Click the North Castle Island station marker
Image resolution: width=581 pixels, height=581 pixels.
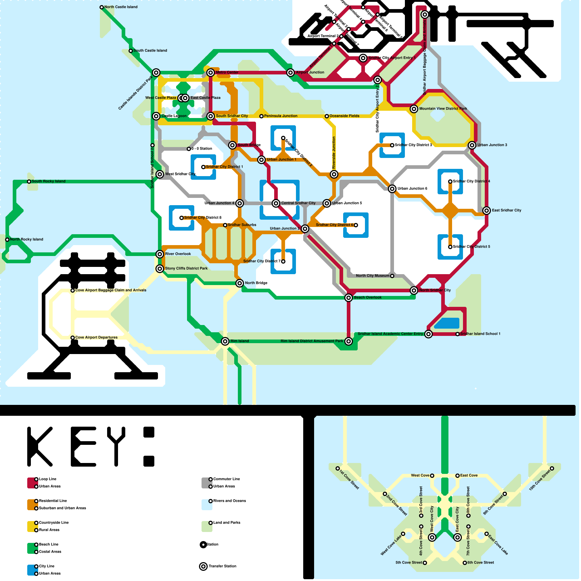tap(102, 7)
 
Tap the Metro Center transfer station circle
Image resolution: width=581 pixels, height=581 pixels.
tap(211, 73)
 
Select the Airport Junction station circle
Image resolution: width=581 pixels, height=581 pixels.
tap(290, 73)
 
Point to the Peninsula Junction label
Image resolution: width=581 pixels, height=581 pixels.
tap(281, 116)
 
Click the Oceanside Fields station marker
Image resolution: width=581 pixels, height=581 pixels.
tap(327, 116)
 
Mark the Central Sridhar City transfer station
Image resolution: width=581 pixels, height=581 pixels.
tap(276, 203)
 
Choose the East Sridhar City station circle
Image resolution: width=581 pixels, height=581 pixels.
tap(487, 211)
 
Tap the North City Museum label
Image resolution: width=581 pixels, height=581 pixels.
tap(373, 276)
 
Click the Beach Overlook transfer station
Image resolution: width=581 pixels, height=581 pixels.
tap(349, 298)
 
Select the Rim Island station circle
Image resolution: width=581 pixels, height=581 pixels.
tap(225, 341)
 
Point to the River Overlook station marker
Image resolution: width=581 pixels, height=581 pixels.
tap(160, 254)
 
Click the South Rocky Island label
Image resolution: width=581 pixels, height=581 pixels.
tap(49, 181)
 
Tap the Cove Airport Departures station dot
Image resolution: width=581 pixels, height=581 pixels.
tap(73, 338)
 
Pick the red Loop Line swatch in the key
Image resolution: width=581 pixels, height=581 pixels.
tap(32, 483)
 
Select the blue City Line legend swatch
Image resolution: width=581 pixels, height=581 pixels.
tap(32, 570)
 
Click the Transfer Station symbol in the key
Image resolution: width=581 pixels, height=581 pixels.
tap(203, 566)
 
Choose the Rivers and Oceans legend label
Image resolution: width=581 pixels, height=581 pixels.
tap(229, 501)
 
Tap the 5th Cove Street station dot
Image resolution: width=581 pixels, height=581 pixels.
tap(425, 563)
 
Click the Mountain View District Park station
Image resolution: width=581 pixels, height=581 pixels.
tap(414, 109)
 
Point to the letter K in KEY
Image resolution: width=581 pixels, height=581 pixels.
tap(39, 447)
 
